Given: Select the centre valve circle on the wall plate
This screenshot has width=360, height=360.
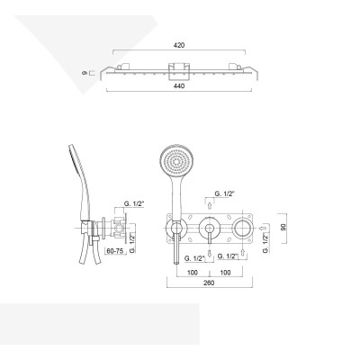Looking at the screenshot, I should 209,229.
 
